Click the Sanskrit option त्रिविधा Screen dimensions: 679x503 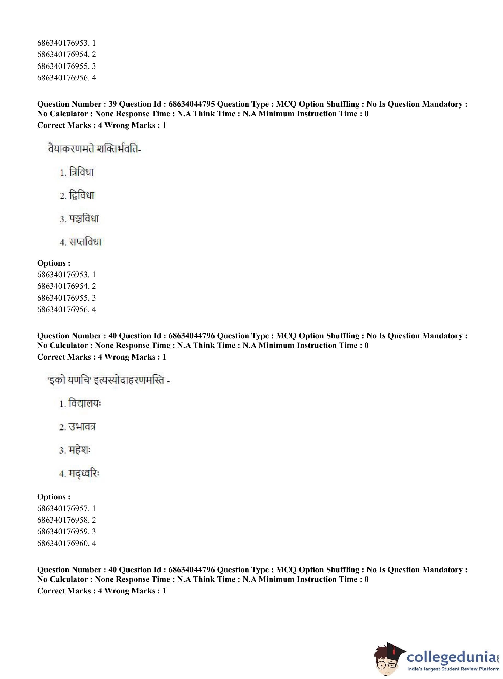click(x=81, y=172)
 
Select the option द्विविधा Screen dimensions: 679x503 click(x=81, y=195)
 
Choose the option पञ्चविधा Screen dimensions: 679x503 click(x=84, y=219)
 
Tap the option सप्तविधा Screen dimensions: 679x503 click(x=85, y=242)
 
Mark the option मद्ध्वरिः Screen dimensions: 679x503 click(x=84, y=473)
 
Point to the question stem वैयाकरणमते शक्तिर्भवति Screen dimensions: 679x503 click(x=95, y=149)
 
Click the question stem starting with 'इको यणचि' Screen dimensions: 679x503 click(x=109, y=380)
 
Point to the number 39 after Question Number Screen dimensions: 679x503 click(x=112, y=104)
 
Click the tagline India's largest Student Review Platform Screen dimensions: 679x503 click(x=453, y=669)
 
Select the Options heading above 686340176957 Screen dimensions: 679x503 click(x=54, y=497)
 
